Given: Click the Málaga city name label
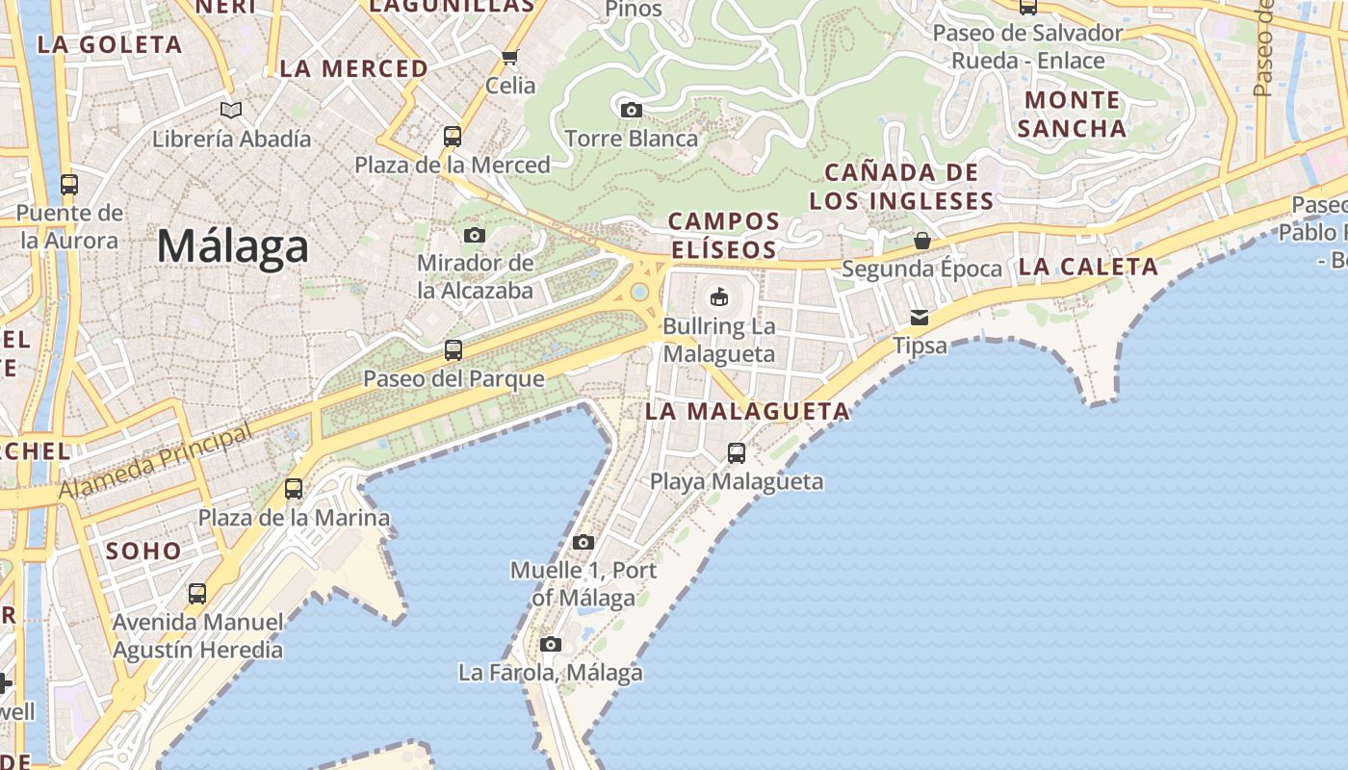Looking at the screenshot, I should click(232, 246).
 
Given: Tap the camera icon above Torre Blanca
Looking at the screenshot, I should click(631, 110).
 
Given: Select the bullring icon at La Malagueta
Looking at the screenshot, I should click(719, 296).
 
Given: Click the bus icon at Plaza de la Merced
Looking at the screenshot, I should click(453, 136).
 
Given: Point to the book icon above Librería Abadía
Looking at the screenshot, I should click(231, 110).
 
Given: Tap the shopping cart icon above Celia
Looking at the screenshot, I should click(510, 57).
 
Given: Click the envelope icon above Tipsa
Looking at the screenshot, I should click(920, 317).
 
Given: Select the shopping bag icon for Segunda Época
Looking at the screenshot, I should click(921, 240).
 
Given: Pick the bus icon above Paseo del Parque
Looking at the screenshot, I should click(453, 349).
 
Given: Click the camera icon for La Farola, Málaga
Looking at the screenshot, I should click(551, 644).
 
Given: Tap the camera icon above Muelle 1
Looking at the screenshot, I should click(583, 542).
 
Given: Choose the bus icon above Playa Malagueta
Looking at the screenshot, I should click(737, 452).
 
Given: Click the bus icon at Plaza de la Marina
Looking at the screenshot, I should click(294, 489).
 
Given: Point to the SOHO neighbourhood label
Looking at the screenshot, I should click(144, 551).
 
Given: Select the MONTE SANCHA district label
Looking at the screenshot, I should click(1072, 114).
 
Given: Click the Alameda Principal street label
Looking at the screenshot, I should click(154, 463).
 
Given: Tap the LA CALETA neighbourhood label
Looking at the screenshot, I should click(1088, 268).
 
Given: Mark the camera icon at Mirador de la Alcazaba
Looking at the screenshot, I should click(475, 235).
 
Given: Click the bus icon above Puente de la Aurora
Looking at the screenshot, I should click(69, 184).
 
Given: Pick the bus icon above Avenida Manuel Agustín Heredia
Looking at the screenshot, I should click(197, 593).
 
